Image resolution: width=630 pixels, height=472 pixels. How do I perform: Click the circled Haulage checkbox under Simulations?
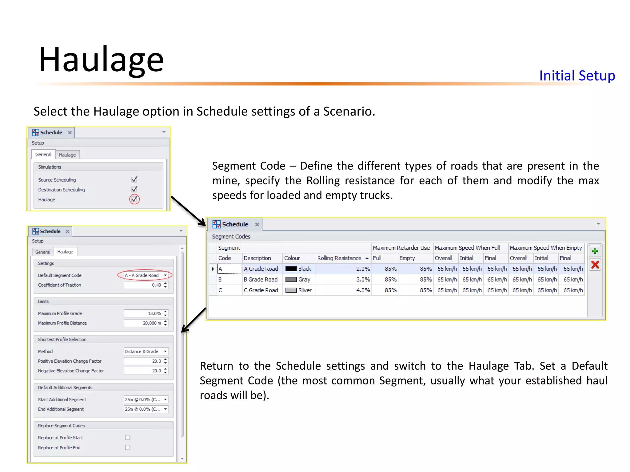(134, 199)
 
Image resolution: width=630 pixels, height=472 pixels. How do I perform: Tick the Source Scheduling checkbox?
(134, 179)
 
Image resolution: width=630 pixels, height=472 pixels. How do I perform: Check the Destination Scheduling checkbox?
(134, 189)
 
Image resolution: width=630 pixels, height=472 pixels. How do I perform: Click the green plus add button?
(595, 251)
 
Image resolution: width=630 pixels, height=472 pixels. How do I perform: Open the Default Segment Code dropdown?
(165, 275)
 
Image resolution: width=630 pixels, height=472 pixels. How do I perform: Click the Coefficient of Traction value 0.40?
(143, 285)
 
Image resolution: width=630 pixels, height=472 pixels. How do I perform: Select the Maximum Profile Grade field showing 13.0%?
(143, 313)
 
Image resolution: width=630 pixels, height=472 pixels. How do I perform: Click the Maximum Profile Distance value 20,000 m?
(143, 323)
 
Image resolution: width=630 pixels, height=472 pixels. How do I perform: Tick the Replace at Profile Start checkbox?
(128, 437)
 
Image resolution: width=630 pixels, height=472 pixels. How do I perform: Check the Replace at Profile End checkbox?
(128, 447)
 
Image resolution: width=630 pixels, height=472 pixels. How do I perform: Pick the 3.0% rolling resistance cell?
(344, 280)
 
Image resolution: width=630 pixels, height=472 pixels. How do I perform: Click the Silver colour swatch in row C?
(291, 290)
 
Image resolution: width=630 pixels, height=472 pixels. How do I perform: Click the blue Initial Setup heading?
(577, 76)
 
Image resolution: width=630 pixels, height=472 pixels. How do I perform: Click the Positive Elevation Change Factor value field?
(143, 361)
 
